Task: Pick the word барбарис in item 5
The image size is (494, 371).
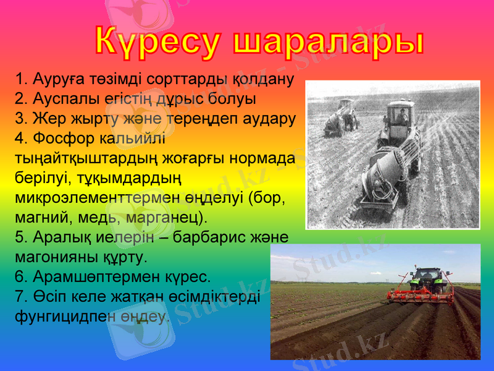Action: [224, 237]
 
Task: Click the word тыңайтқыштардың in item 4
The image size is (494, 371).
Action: [78, 158]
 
